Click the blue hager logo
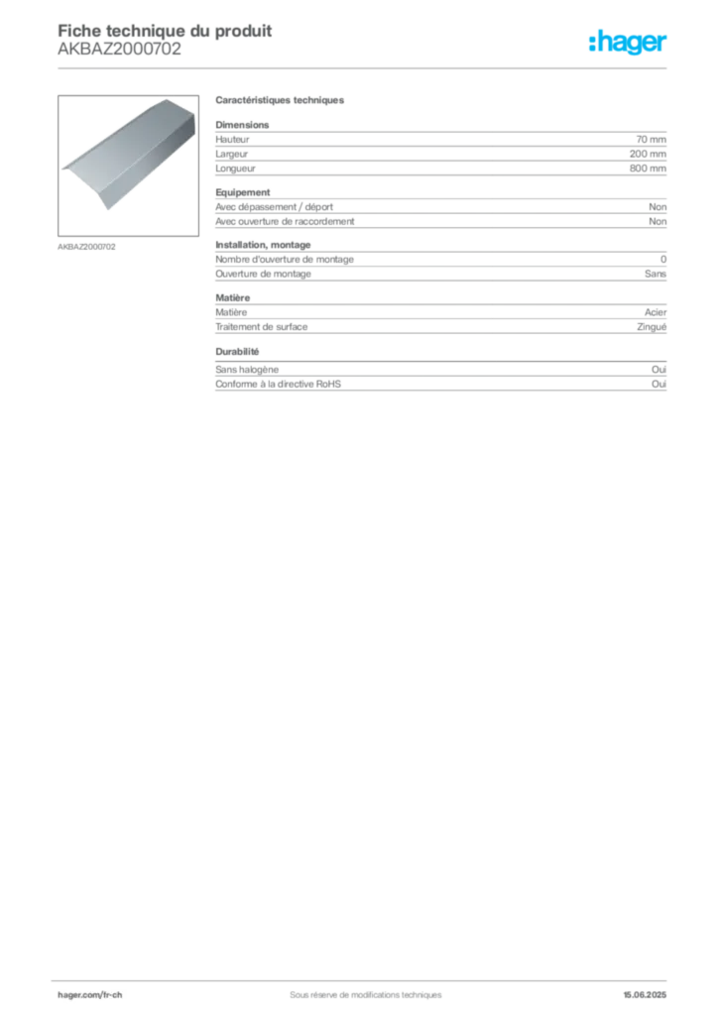click(x=630, y=45)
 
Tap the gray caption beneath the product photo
click(x=87, y=246)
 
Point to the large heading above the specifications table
click(x=281, y=103)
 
